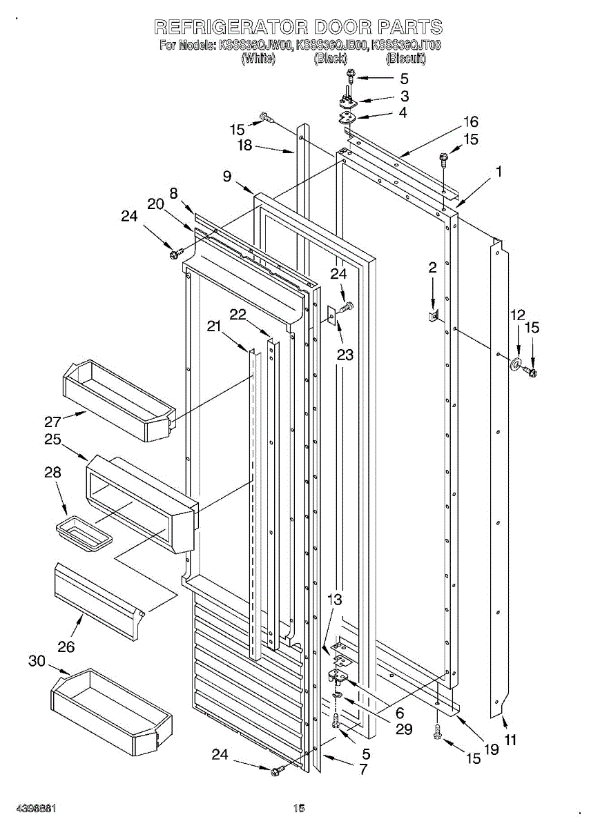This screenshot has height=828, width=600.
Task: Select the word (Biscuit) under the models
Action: pos(406,59)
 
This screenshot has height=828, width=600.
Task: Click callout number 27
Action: pos(53,420)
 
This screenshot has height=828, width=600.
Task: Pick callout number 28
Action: pos(52,473)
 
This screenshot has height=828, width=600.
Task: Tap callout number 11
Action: pos(510,741)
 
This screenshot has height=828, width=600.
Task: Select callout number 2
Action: pos(432,268)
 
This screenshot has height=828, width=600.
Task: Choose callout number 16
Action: pos(470,122)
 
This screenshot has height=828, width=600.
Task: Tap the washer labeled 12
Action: pos(516,364)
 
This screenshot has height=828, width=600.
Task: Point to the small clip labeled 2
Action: pos(432,316)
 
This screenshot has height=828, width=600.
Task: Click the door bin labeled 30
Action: pos(110,711)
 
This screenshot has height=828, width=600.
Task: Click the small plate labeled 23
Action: pos(332,316)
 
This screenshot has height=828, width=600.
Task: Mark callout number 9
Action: pos(227,176)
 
